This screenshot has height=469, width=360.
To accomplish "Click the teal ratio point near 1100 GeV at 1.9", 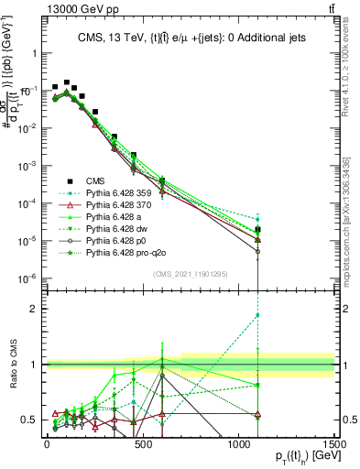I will pyautogui.click(x=258, y=315).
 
